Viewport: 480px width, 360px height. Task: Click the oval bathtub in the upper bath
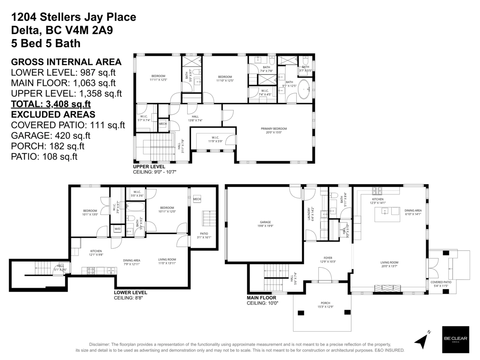(304, 90)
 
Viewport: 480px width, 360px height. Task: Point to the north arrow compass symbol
(423, 340)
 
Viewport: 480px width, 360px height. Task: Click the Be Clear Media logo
(455, 340)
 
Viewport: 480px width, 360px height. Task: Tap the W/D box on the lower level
(118, 229)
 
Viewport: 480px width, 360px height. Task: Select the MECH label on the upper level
(162, 124)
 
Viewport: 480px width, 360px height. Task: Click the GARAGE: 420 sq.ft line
(51, 136)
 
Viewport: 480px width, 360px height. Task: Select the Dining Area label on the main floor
(413, 212)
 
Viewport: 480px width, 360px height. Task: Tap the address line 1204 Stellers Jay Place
(74, 17)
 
